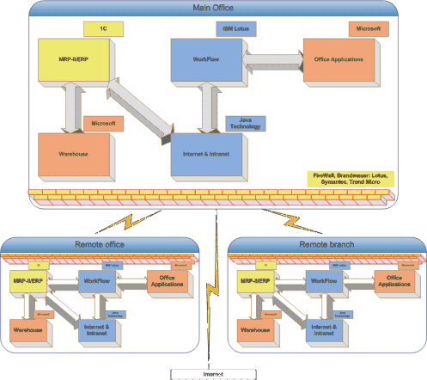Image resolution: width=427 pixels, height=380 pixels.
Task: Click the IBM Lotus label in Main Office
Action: point(229,28)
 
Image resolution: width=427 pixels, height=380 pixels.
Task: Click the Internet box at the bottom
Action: point(213,373)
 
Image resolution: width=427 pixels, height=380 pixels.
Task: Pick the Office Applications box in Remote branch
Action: point(390,279)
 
